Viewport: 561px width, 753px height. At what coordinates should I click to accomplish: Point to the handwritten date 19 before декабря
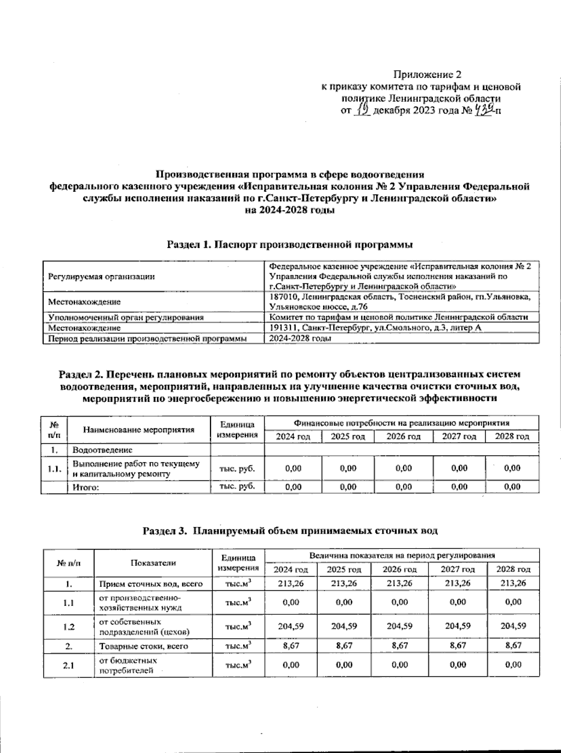tap(363, 110)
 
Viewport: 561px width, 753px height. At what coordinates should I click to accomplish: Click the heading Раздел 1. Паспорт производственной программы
tap(289, 244)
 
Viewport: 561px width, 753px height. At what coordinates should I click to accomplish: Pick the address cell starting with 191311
tap(375, 328)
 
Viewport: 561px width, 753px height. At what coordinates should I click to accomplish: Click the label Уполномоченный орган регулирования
tap(126, 317)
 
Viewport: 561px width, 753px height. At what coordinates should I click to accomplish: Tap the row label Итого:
tap(86, 487)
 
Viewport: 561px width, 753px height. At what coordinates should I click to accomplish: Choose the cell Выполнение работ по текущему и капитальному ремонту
tap(136, 469)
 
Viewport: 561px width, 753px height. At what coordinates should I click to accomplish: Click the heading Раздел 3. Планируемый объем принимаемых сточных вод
tap(290, 531)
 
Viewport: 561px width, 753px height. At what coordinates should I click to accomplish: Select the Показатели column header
tap(153, 563)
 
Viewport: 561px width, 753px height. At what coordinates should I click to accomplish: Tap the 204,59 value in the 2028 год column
tap(513, 626)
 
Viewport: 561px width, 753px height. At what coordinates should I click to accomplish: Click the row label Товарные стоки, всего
tap(144, 646)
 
